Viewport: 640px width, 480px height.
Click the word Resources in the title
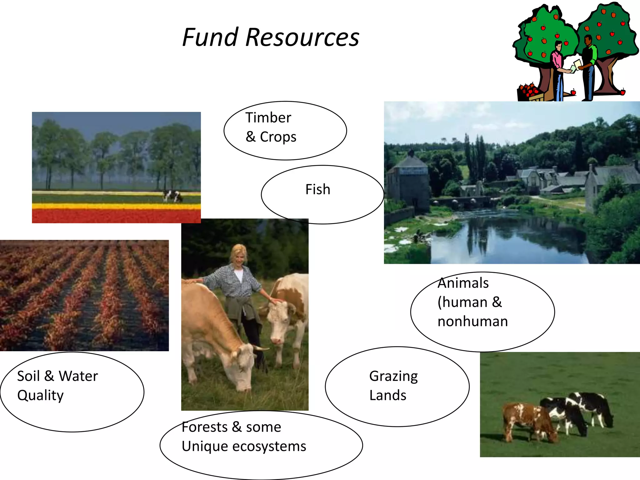(x=302, y=37)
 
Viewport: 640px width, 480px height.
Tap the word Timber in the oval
(x=268, y=118)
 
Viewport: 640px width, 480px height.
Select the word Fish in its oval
(x=317, y=189)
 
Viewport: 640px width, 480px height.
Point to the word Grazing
(x=393, y=377)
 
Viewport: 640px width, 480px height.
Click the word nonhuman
(x=472, y=322)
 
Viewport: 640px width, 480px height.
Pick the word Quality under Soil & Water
(x=40, y=395)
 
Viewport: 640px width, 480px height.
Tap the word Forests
(x=205, y=427)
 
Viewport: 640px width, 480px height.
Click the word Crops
(x=278, y=137)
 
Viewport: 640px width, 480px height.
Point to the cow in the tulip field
(x=172, y=196)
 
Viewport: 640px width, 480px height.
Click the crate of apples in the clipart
(x=530, y=92)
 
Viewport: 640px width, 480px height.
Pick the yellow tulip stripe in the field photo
(x=116, y=206)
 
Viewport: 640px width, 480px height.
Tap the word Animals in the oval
(x=463, y=283)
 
